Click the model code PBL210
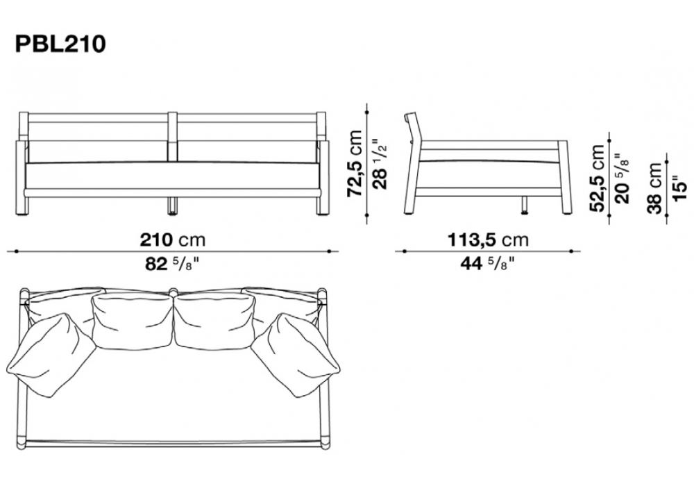click(x=60, y=44)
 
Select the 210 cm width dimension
click(x=173, y=240)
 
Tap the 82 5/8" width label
click(x=172, y=265)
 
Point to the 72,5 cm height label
click(x=355, y=163)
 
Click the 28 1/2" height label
click(x=380, y=164)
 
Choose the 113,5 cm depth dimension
click(x=488, y=240)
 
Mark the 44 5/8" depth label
click(x=488, y=264)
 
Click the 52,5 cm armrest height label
click(x=597, y=178)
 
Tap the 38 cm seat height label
click(x=654, y=188)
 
